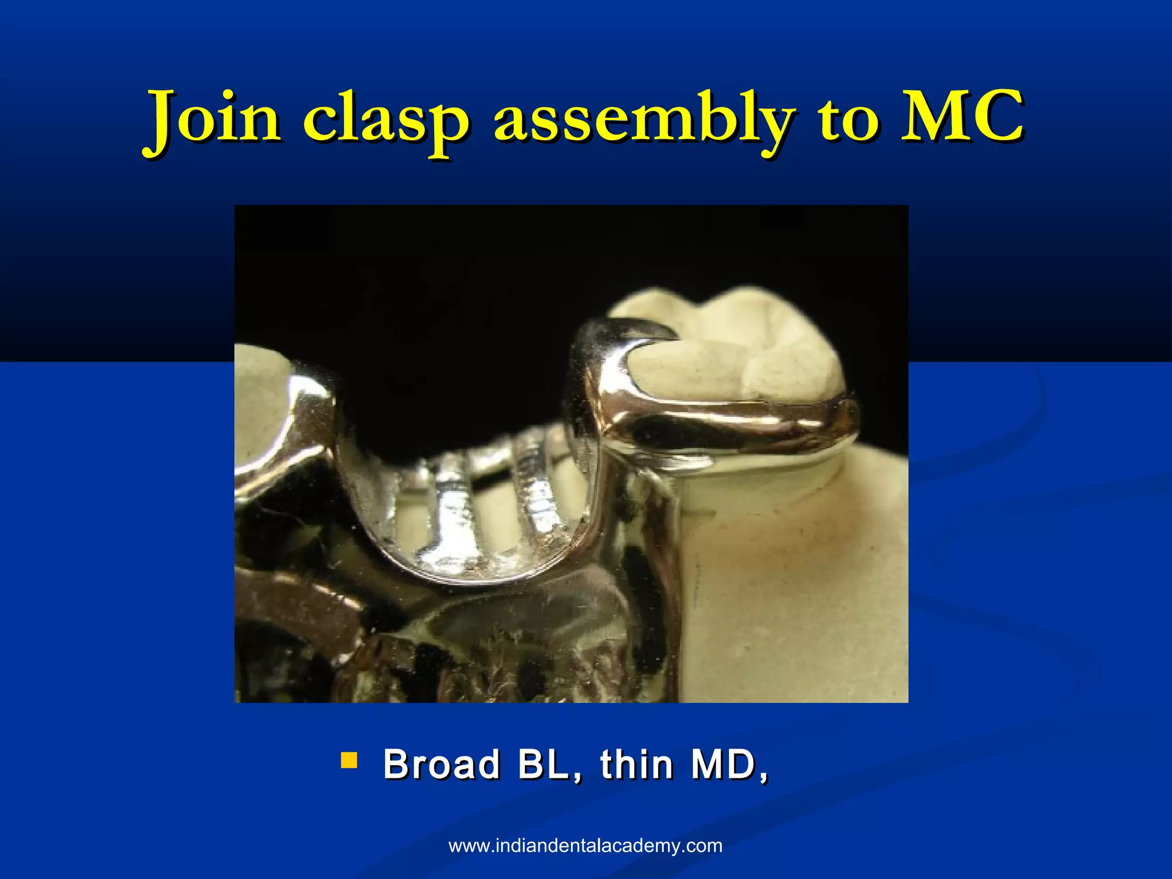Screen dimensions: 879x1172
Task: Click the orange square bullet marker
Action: tap(349, 760)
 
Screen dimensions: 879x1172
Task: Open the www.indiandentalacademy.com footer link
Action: tap(585, 846)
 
